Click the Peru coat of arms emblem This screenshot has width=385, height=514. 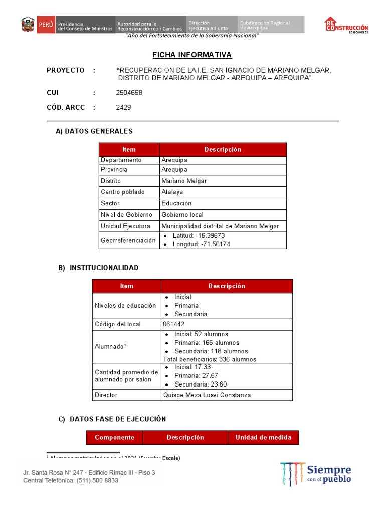point(28,24)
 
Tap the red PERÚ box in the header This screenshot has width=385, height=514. point(46,24)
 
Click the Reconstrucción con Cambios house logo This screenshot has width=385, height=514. point(346,25)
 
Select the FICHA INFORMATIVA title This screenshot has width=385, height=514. point(192,55)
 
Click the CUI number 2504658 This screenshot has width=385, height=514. point(129,93)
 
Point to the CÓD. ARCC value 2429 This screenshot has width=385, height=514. point(123,107)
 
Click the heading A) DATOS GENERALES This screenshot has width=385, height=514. point(94,131)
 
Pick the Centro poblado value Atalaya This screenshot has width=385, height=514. point(172,192)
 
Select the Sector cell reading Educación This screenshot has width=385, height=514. point(176,203)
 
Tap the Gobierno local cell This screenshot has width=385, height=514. point(182,215)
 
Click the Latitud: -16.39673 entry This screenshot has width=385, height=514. point(199,236)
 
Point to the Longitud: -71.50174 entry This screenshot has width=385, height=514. point(201,244)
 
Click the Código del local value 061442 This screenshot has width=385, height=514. point(174,324)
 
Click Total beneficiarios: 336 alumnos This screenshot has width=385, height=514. point(210,359)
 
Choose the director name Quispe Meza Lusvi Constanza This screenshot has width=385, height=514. point(207,395)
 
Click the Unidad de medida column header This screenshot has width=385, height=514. point(263,437)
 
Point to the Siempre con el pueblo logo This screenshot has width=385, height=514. point(316,474)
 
